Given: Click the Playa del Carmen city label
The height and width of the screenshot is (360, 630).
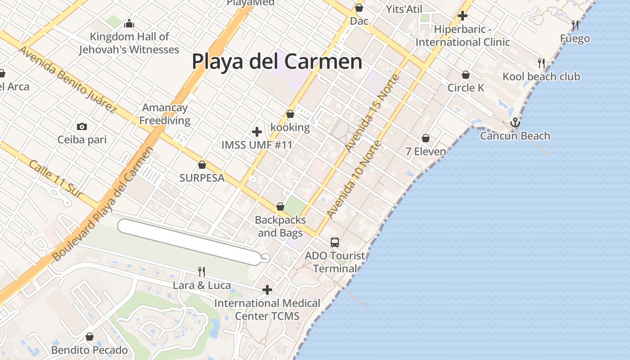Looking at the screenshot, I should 277,61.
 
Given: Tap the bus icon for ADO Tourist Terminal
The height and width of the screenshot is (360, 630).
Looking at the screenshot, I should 335,243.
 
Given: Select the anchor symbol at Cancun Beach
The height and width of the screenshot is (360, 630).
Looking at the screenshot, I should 515,122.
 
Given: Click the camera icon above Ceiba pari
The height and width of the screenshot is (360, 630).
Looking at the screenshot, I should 82,126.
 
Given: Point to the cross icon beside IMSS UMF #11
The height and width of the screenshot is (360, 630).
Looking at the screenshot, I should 257,132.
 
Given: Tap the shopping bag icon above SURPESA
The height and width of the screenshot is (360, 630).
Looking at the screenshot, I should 202,165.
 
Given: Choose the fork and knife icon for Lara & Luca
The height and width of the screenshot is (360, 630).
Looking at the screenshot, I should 202,271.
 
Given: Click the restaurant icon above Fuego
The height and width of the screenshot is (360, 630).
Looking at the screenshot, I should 575,25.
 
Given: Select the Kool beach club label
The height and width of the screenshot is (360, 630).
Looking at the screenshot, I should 541,76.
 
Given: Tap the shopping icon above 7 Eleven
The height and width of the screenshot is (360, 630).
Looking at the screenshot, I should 426,138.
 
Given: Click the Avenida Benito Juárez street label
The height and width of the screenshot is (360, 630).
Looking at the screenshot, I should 67,79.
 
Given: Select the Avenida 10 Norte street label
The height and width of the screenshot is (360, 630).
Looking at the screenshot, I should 355,180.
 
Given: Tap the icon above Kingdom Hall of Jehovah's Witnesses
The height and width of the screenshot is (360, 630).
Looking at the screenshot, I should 129,23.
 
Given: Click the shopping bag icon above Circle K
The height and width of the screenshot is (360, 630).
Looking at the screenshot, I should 466,75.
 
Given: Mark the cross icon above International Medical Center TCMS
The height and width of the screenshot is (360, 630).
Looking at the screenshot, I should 267,290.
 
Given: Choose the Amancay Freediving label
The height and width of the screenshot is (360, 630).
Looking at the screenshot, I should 165,114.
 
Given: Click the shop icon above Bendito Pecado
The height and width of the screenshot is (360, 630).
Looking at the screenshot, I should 90,337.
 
